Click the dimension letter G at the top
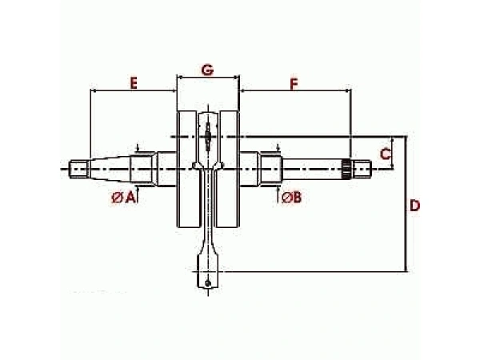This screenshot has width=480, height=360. [207, 70]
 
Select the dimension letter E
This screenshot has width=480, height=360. [134, 83]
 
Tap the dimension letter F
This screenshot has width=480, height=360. [294, 84]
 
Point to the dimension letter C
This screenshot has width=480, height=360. [385, 154]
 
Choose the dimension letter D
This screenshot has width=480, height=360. [414, 206]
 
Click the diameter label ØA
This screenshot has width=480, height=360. [123, 198]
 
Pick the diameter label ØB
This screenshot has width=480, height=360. [292, 198]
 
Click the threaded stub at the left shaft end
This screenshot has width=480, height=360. [79, 169]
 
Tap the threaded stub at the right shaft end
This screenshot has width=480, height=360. [362, 169]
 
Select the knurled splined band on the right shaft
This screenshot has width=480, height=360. [347, 169]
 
